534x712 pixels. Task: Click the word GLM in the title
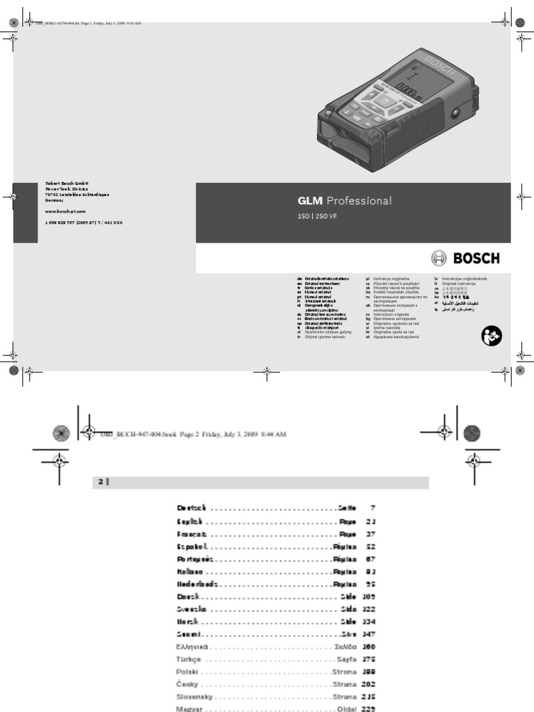[x=310, y=202]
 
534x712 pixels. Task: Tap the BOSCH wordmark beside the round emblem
[x=477, y=259]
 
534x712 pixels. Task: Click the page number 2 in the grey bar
[x=99, y=483]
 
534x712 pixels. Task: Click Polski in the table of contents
[x=188, y=672]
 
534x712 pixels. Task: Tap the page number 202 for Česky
[x=368, y=685]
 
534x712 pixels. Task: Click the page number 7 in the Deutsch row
[x=373, y=508]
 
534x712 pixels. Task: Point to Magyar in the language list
[x=191, y=709]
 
